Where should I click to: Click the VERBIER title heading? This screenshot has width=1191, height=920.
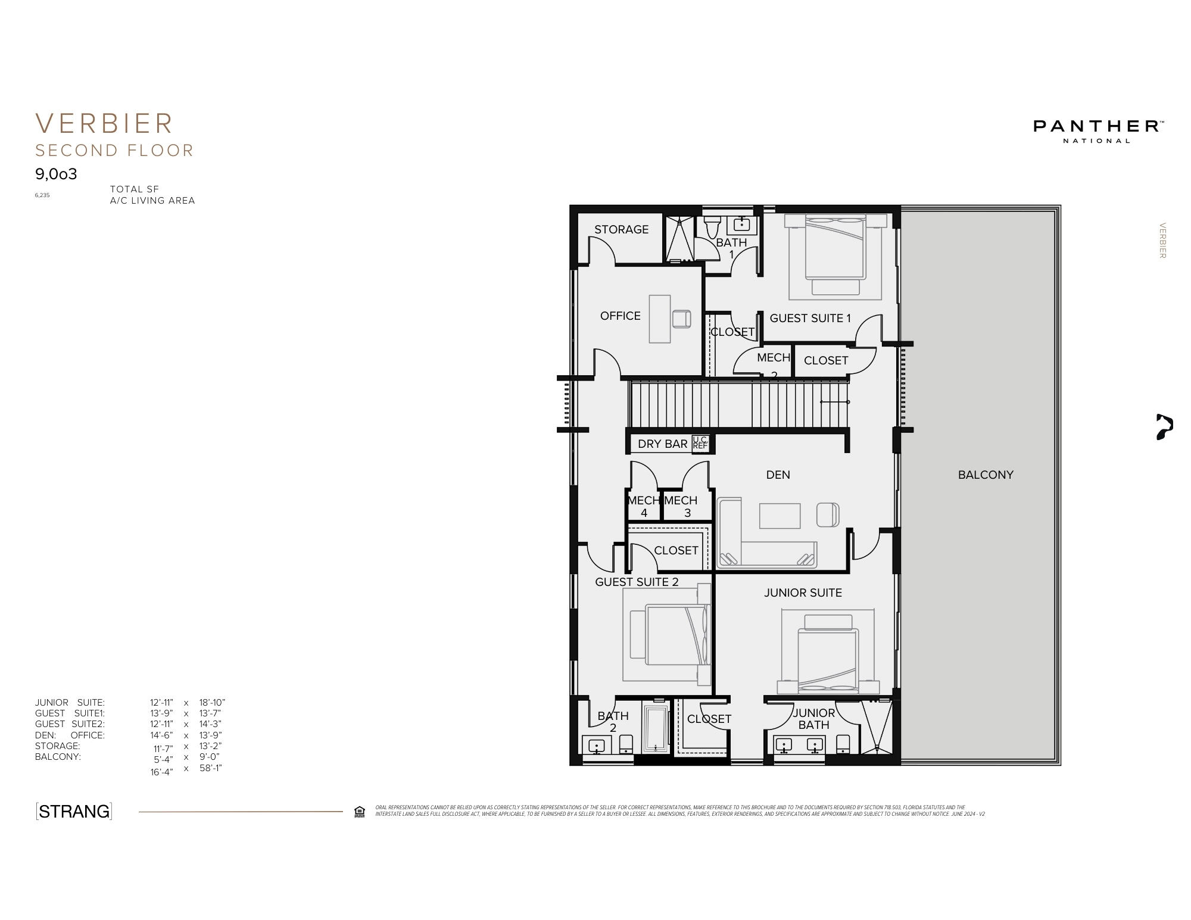point(104,124)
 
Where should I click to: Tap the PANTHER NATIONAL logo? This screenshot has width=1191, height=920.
point(1098,130)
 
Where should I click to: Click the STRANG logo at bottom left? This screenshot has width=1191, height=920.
point(74,811)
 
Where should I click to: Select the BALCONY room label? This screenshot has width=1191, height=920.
point(986,475)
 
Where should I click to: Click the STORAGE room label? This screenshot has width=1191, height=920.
point(621,229)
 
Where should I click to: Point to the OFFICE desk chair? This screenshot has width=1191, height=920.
point(681,319)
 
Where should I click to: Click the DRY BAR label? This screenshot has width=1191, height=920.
point(662,444)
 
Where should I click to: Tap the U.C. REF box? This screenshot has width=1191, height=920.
point(701,443)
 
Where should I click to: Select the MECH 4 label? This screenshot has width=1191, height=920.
point(644,506)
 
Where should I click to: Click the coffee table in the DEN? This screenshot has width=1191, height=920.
point(780,516)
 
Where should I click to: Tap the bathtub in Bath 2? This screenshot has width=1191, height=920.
point(656,729)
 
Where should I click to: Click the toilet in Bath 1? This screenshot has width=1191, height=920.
point(712,226)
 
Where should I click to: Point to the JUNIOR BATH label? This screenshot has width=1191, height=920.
point(813,719)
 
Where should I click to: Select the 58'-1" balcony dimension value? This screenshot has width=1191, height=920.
point(210,768)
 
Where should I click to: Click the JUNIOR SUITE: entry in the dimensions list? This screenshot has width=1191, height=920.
point(70,703)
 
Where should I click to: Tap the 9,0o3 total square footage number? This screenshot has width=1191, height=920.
point(56,174)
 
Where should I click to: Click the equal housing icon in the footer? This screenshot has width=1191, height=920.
point(359,812)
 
